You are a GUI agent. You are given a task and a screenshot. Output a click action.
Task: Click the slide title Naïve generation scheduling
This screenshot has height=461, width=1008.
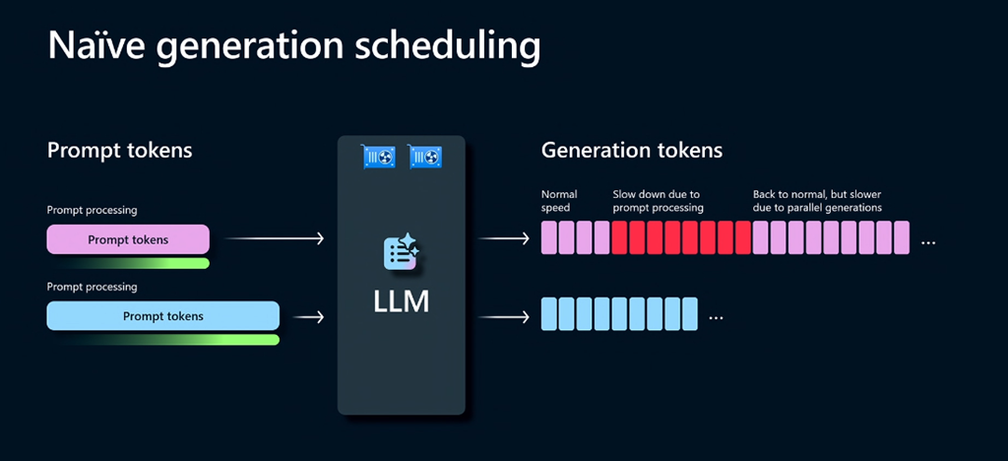(x=293, y=46)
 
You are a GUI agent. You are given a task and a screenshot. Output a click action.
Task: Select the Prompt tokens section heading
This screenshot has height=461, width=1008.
(x=119, y=151)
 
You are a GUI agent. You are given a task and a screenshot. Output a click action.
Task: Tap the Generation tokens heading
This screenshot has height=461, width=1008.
(x=631, y=151)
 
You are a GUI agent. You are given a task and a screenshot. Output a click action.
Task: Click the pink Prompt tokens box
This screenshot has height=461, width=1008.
(x=128, y=239)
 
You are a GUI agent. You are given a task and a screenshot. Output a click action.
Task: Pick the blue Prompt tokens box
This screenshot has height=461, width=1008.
(x=162, y=315)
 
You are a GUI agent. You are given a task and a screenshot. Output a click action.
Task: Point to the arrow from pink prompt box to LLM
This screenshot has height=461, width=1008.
(x=275, y=239)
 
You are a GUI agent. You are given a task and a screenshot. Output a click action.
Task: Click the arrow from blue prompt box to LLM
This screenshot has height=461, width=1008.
(x=308, y=316)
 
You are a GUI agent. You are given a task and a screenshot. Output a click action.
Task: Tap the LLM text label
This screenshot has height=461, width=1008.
(x=401, y=302)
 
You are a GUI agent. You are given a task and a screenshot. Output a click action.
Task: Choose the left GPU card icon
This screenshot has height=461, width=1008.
(x=379, y=157)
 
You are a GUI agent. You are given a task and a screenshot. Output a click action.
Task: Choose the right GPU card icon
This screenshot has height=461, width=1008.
(x=425, y=157)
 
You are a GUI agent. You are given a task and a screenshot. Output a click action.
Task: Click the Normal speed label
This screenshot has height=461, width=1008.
(x=559, y=201)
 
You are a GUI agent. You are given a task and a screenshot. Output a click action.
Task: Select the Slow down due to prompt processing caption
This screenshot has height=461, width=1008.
(x=658, y=201)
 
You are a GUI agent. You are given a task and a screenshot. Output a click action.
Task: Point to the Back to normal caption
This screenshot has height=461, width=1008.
(x=817, y=201)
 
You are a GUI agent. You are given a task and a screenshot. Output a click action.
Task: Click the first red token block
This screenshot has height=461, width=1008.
(x=620, y=238)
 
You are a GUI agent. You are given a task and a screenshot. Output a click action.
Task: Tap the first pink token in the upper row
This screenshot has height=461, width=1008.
(x=549, y=238)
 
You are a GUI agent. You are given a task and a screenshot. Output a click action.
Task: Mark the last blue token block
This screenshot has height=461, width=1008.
(x=690, y=314)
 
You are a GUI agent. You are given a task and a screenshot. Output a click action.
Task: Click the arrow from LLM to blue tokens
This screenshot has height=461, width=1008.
(x=504, y=316)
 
